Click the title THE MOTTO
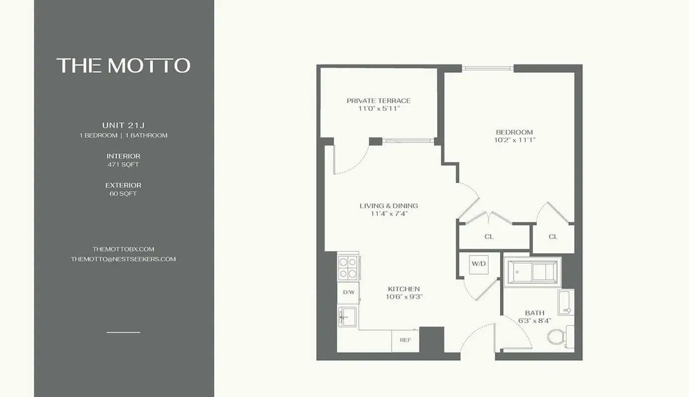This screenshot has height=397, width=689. [x=123, y=66]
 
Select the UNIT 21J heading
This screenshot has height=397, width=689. [x=123, y=125]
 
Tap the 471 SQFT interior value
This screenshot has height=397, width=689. [x=123, y=164]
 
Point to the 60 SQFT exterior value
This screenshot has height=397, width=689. [x=123, y=194]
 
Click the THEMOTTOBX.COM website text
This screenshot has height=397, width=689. [x=123, y=249]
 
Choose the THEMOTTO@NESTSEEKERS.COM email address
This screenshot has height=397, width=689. [x=123, y=259]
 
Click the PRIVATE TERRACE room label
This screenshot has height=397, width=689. [x=379, y=101]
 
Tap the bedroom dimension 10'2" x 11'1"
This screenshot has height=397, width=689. [x=515, y=140]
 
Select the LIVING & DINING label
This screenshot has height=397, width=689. [x=389, y=205]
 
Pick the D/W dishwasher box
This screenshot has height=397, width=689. [x=348, y=292]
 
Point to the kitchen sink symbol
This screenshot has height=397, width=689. [x=347, y=317]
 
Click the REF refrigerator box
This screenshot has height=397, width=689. [x=405, y=341]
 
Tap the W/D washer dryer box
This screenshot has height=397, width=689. [x=478, y=264]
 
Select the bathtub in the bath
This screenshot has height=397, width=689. [x=532, y=271]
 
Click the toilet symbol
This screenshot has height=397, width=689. [x=560, y=336]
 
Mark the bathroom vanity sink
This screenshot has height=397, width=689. [x=565, y=303]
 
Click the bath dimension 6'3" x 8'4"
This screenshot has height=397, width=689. [x=534, y=321]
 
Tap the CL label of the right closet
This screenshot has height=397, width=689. [x=553, y=237]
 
